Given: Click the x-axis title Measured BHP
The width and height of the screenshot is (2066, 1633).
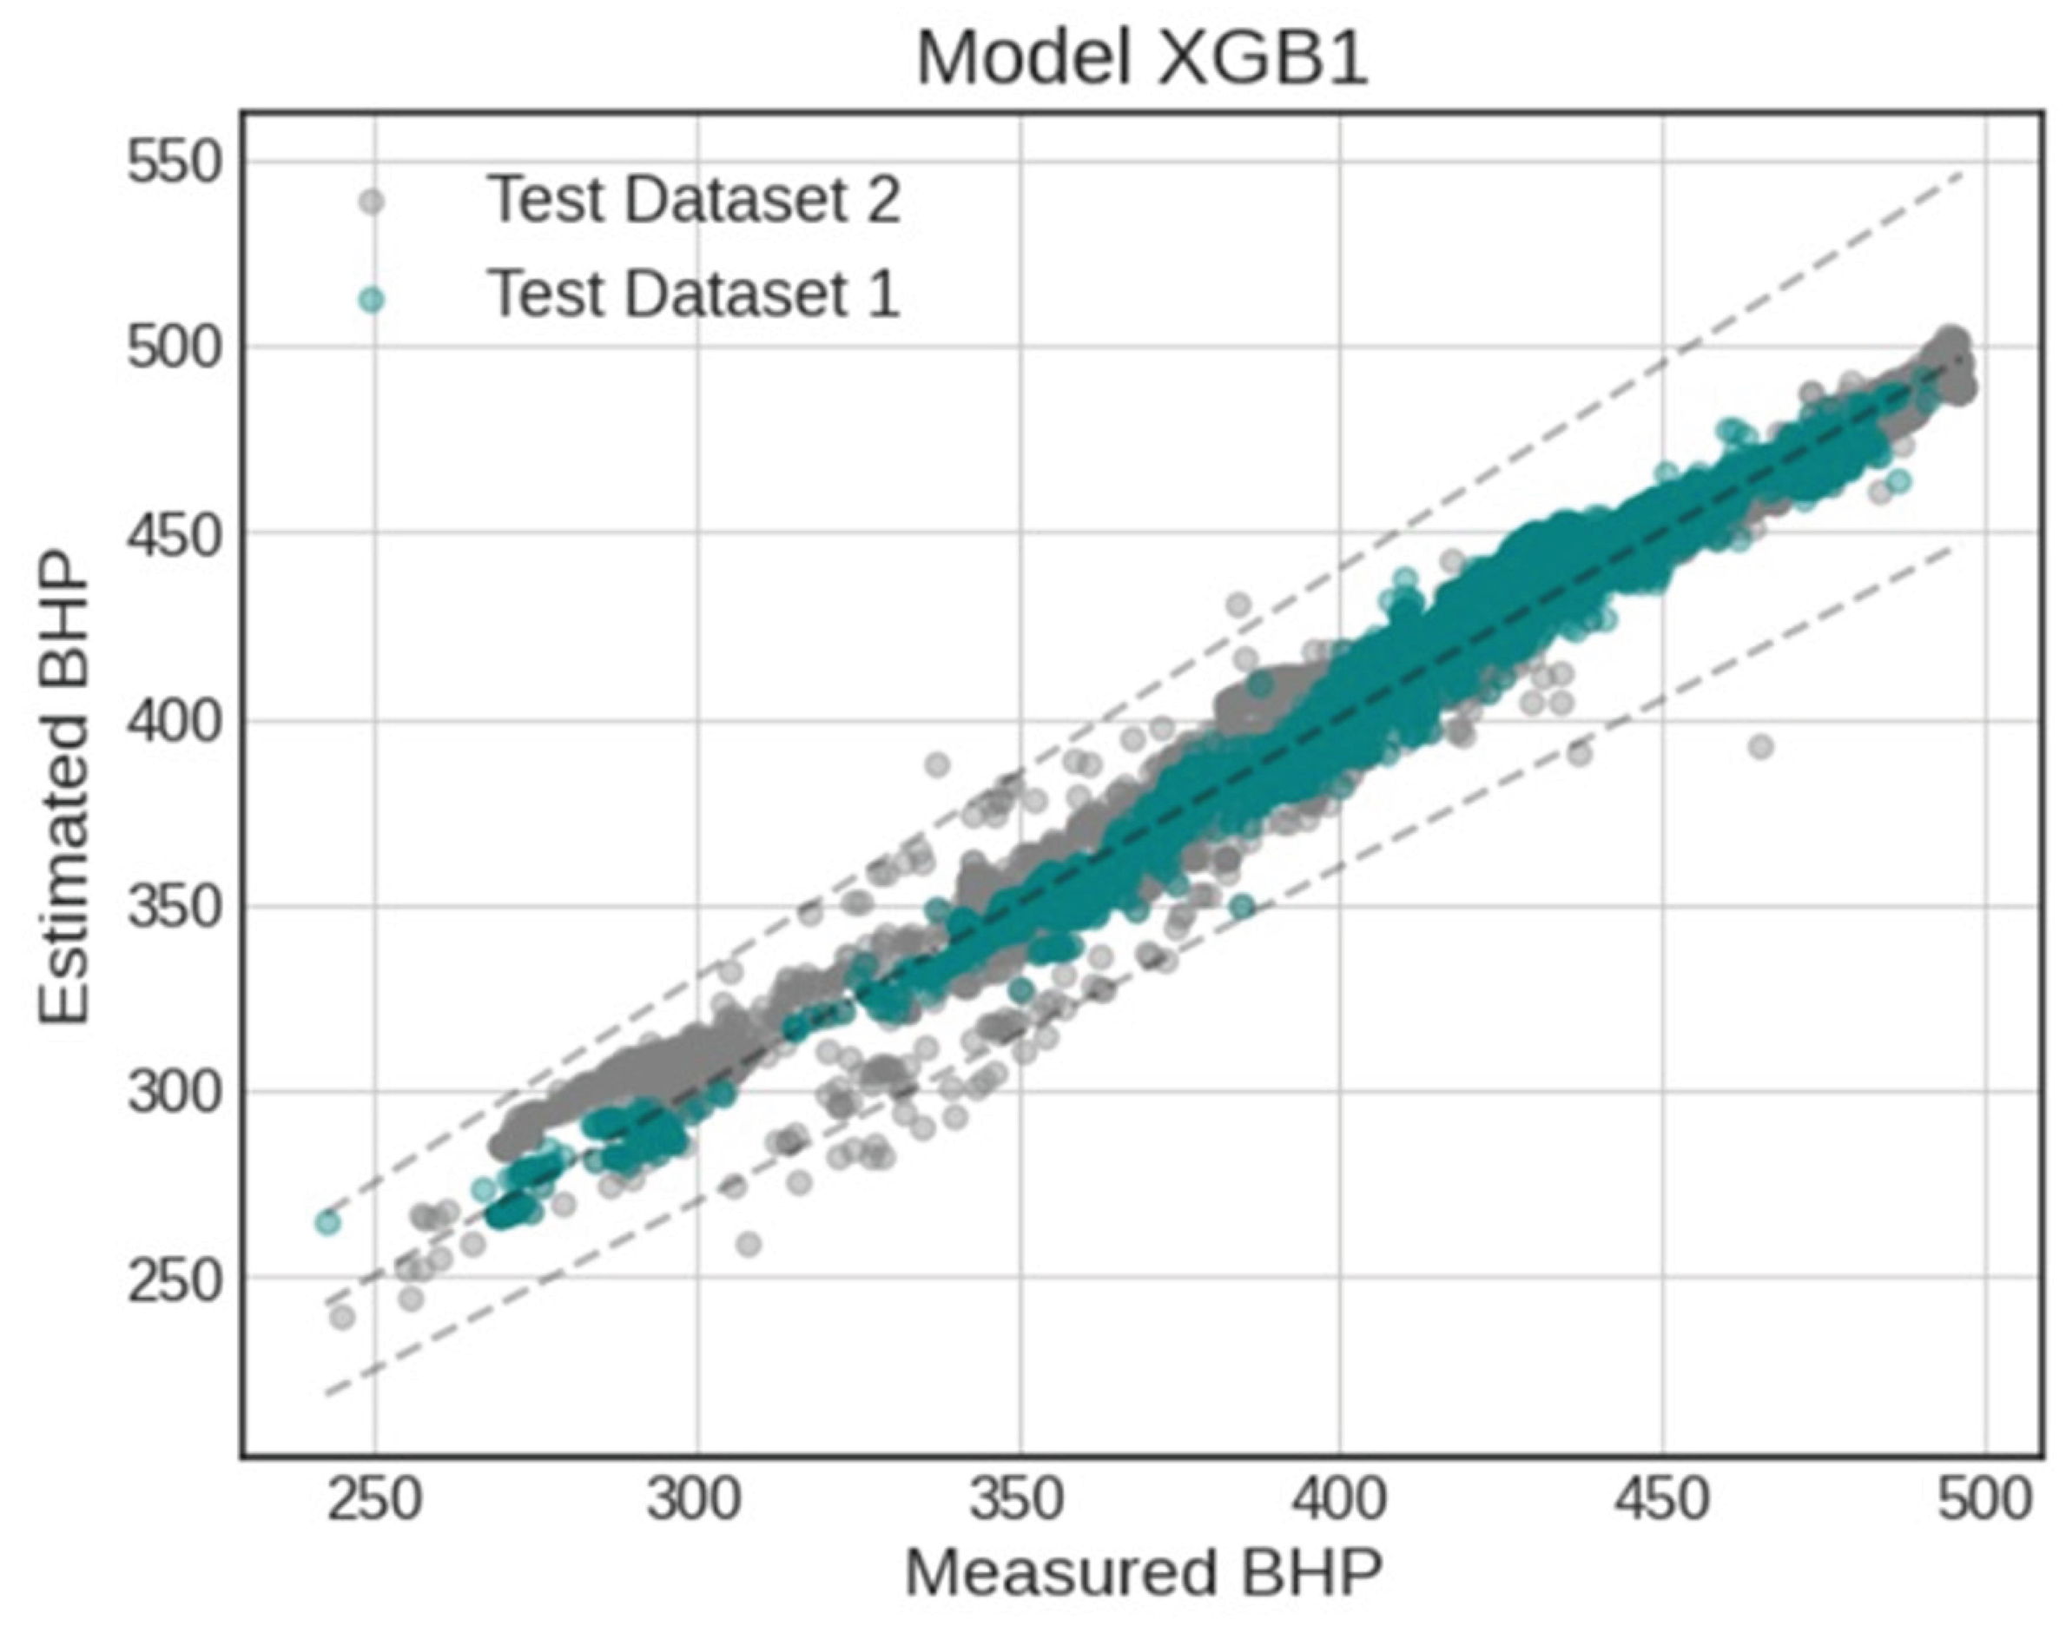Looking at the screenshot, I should click(x=1144, y=1574).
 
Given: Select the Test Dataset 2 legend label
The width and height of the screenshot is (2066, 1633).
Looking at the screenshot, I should click(x=694, y=200).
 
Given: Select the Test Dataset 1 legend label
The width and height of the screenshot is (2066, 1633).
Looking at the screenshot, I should click(x=694, y=294).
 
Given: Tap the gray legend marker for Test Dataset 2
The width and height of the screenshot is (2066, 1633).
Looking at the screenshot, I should click(x=371, y=202).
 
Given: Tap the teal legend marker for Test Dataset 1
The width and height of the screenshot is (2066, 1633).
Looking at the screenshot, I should click(x=371, y=301).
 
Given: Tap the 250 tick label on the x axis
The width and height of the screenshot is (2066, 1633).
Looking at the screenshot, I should click(x=373, y=1499).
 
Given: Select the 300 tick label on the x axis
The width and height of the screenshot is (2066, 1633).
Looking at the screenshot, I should click(x=695, y=1499).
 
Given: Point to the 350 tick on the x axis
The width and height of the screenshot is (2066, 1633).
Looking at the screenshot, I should click(x=1017, y=1499).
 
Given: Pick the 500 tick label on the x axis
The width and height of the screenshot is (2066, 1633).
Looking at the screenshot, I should click(x=1983, y=1499).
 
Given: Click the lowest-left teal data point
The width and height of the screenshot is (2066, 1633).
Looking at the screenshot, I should click(x=327, y=1222).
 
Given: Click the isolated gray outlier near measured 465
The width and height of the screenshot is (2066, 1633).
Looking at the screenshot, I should click(x=1761, y=747).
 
